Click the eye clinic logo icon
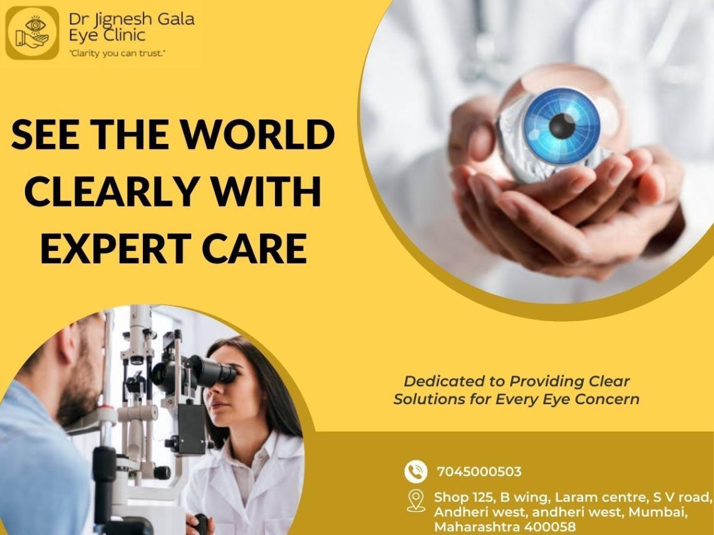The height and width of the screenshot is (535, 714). (x=32, y=33)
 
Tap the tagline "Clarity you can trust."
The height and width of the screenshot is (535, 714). (x=117, y=53)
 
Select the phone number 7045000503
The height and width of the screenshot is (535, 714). (x=479, y=471)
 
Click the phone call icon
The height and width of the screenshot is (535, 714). (x=416, y=471)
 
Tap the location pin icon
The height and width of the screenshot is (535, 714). (x=416, y=501)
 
